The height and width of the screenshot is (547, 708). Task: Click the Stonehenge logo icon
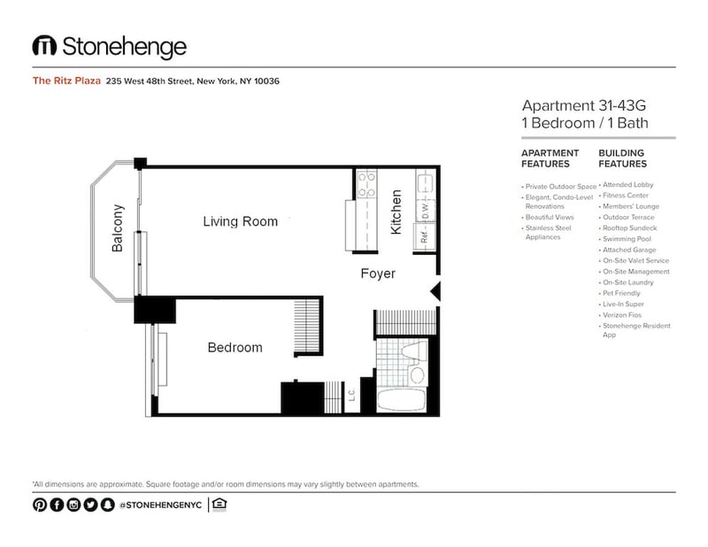tap(45, 46)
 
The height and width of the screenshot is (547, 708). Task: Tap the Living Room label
tap(240, 221)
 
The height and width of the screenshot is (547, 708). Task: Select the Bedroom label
tap(235, 347)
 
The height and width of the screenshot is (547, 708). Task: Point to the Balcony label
tap(118, 229)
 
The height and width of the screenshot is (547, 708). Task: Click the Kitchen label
tap(396, 212)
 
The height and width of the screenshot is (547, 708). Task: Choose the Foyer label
tap(378, 273)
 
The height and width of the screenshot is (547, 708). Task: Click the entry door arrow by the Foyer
tap(434, 291)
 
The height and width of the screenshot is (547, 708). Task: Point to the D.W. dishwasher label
tap(425, 211)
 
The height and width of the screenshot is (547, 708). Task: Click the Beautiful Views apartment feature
tap(549, 217)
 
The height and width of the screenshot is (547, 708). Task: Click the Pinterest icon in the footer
tap(40, 505)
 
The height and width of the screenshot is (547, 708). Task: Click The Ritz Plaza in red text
tap(65, 81)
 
